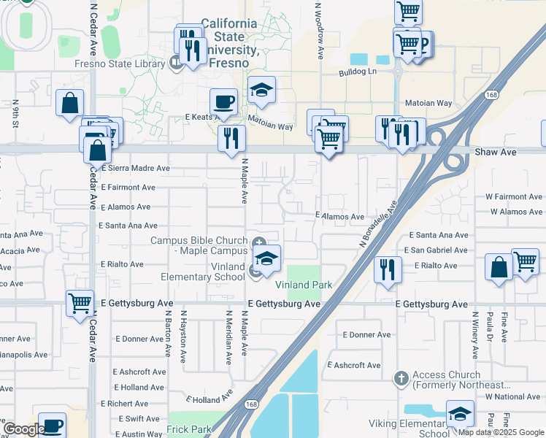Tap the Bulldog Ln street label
coord(357,72)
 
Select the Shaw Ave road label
coord(496,152)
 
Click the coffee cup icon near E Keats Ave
coord(223,101)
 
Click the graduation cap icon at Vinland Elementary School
coord(266,259)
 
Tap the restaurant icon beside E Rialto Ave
coord(388,269)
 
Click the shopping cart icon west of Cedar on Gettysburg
coord(80,302)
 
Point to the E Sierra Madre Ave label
coord(136,168)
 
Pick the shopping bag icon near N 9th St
coord(70,103)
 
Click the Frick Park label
coord(188,429)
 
